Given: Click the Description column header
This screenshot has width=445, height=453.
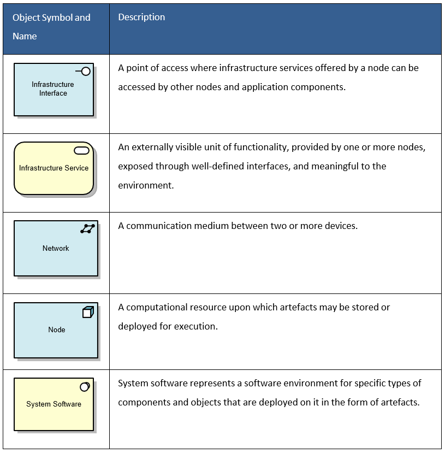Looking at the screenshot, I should pos(141,17).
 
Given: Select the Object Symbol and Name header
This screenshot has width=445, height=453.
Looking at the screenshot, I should pos(51,27).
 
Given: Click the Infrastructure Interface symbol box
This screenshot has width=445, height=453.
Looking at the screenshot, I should pos(54,90).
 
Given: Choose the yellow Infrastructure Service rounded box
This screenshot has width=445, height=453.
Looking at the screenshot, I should pos(54,168).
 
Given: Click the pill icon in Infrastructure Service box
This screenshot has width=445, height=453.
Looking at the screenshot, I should pos(82,151).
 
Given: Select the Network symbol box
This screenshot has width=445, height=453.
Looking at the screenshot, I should pos(56,248).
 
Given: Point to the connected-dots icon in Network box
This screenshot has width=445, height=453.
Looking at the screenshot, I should pos(87,229).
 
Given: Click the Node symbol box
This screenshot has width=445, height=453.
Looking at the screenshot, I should pos(56,330).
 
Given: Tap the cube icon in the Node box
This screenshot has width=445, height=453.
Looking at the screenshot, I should pos(88,312).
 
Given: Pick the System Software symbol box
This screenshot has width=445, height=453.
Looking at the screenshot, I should pos(54,404).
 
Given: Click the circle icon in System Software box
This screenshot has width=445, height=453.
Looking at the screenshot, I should pos(85,387).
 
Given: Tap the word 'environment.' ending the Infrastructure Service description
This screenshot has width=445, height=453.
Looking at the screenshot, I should pos(146,185).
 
